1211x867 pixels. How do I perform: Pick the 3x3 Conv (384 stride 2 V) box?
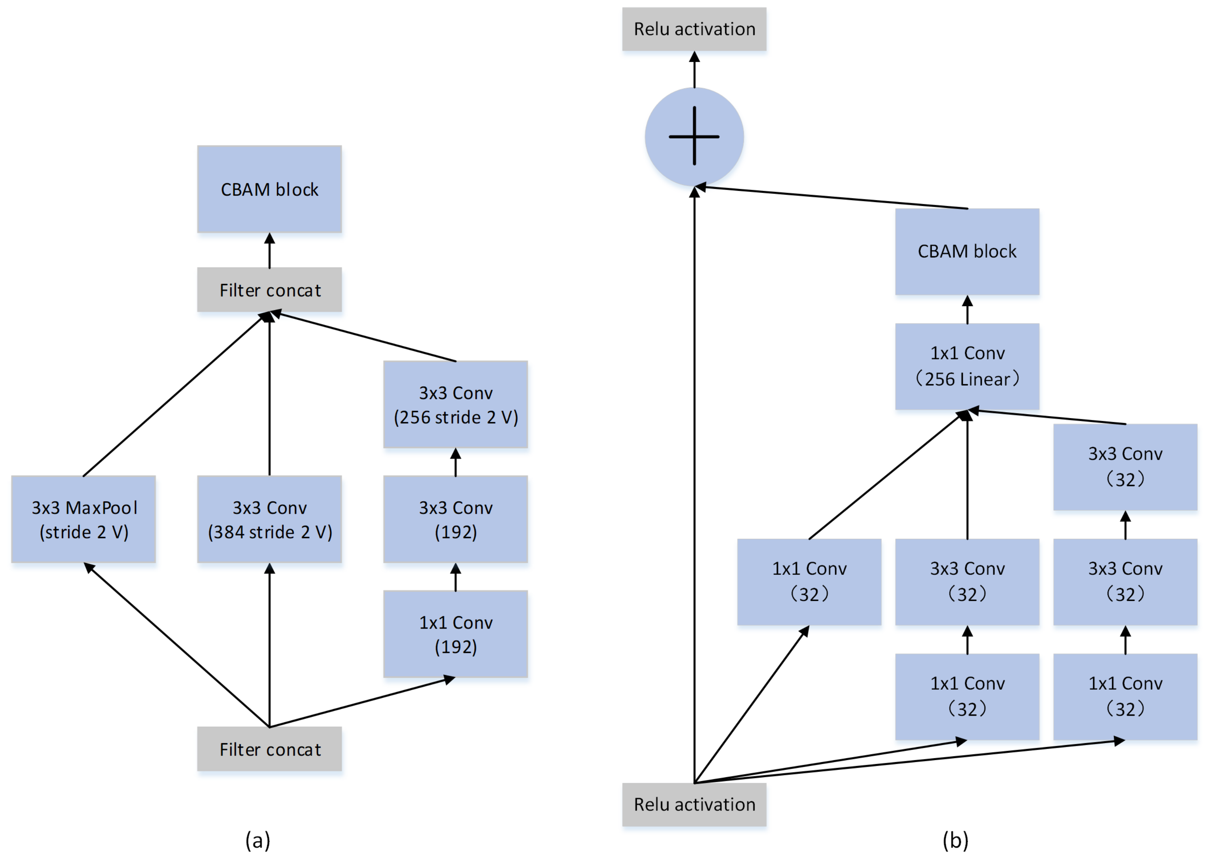269,519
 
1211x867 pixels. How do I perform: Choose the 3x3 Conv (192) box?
455,519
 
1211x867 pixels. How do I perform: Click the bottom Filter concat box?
269,749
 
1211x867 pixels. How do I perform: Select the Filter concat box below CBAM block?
269,290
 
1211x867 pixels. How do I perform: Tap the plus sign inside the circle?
694,136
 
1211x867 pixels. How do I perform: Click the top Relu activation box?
694,29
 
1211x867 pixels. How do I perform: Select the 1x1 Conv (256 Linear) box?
967,366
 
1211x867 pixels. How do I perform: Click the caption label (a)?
258,840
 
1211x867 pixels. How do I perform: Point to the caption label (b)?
955,840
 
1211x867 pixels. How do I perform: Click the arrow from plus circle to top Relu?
694,70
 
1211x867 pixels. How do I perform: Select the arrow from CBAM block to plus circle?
833,197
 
